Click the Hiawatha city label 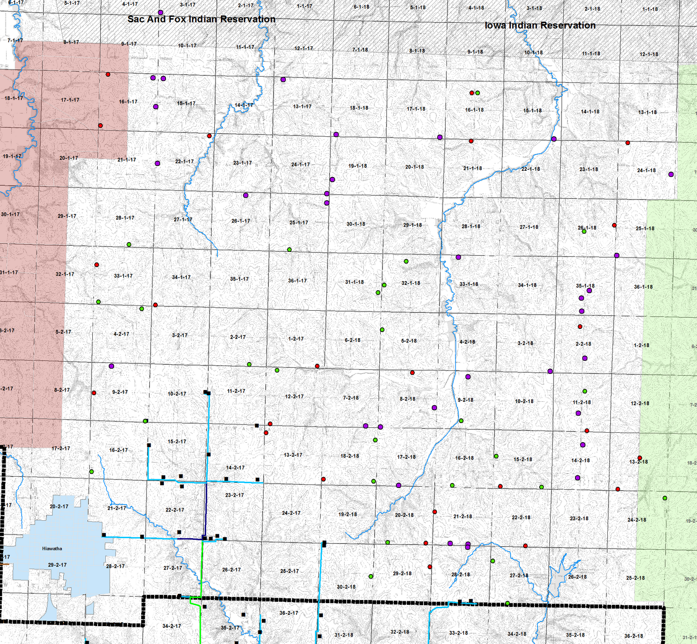pos(52,549)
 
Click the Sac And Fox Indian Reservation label pos(201,19)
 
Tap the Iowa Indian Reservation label pos(540,25)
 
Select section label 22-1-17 pos(184,162)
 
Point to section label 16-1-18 pos(474,110)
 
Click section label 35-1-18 pos(585,286)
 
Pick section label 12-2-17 pos(294,397)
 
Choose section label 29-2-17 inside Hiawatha pos(57,565)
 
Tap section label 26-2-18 pos(577,577)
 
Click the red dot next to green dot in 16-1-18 pos(471,93)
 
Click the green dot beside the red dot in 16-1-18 pos(478,93)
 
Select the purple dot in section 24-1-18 pos(671,174)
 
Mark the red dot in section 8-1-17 pos(108,75)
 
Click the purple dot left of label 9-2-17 pos(111,366)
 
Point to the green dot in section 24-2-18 pos(665,498)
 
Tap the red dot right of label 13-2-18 pos(639,458)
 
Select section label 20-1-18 pos(414,167)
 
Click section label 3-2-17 pos(179,336)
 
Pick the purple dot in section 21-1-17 pos(157,163)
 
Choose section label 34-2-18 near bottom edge pos(517,634)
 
